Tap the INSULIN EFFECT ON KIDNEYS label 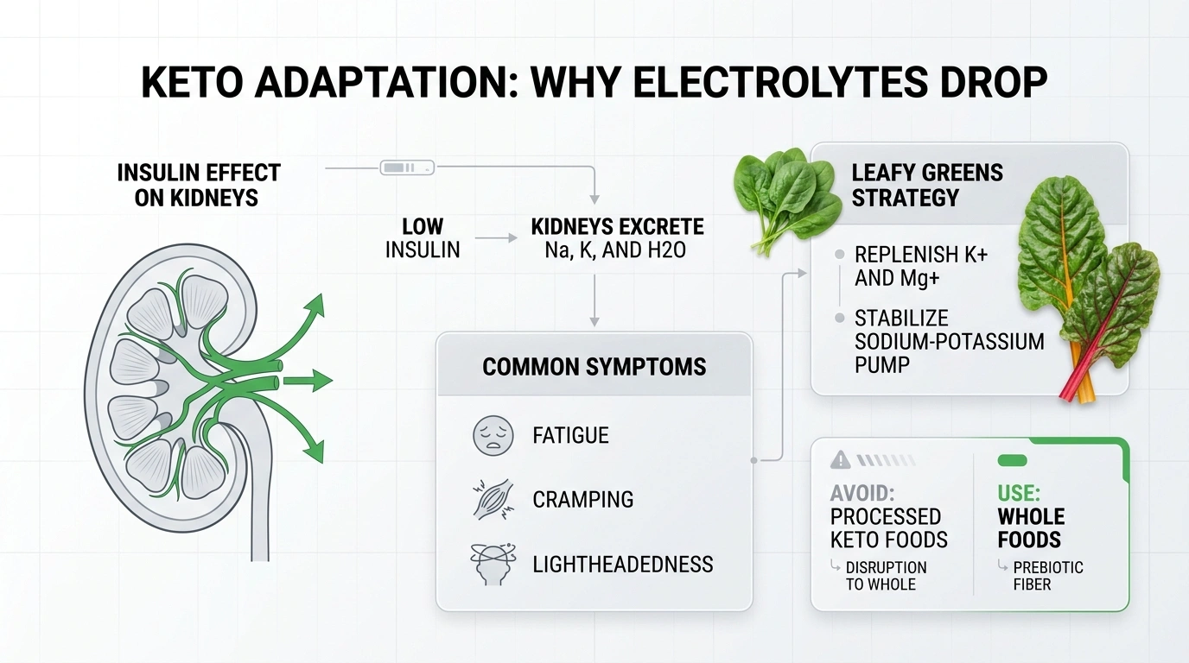(x=199, y=185)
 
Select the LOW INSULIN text (x=423, y=238)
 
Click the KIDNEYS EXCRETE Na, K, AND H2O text (x=617, y=239)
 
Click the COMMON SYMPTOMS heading (x=594, y=366)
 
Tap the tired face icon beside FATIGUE (x=493, y=435)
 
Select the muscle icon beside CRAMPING (x=493, y=500)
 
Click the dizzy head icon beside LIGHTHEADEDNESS (x=493, y=565)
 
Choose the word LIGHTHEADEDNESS (x=622, y=565)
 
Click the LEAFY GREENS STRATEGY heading (x=927, y=185)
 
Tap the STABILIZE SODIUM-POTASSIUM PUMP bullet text (x=949, y=341)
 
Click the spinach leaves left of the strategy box (x=785, y=196)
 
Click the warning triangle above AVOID (x=840, y=461)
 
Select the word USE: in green (x=1019, y=494)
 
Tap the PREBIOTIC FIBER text (x=1047, y=576)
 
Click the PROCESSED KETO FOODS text (x=888, y=528)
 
